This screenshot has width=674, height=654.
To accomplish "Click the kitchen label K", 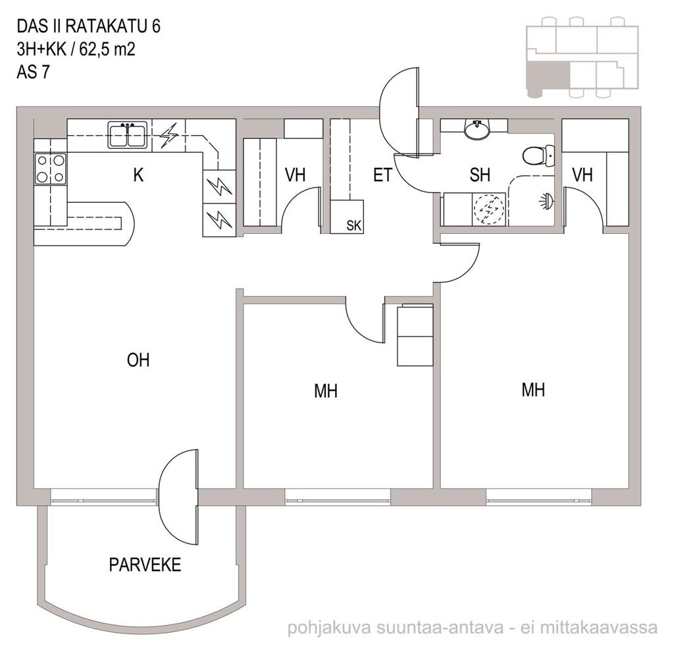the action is coord(138,175).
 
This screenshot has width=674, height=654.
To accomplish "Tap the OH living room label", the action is coord(138,360).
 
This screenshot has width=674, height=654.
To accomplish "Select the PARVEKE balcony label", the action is coord(145,564).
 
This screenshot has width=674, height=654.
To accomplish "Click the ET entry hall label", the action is coord(382,175).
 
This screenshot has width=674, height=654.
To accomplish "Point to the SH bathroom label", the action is coord(480,175).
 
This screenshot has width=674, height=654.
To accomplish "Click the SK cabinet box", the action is coord(347,217).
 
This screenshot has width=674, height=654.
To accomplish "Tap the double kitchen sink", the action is coord(128,136).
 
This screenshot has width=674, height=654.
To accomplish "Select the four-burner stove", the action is coord(51,169).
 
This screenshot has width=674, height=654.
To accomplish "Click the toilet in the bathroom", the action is coord(538,155).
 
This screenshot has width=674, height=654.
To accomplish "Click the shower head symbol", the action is coord(547,201).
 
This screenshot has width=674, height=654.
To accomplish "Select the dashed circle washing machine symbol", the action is coord(488,209).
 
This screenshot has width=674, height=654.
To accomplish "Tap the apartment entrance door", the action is coord(399,113).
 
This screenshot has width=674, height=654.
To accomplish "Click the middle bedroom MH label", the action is coord(325,392).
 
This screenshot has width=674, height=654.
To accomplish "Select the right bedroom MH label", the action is coord(533,390).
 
